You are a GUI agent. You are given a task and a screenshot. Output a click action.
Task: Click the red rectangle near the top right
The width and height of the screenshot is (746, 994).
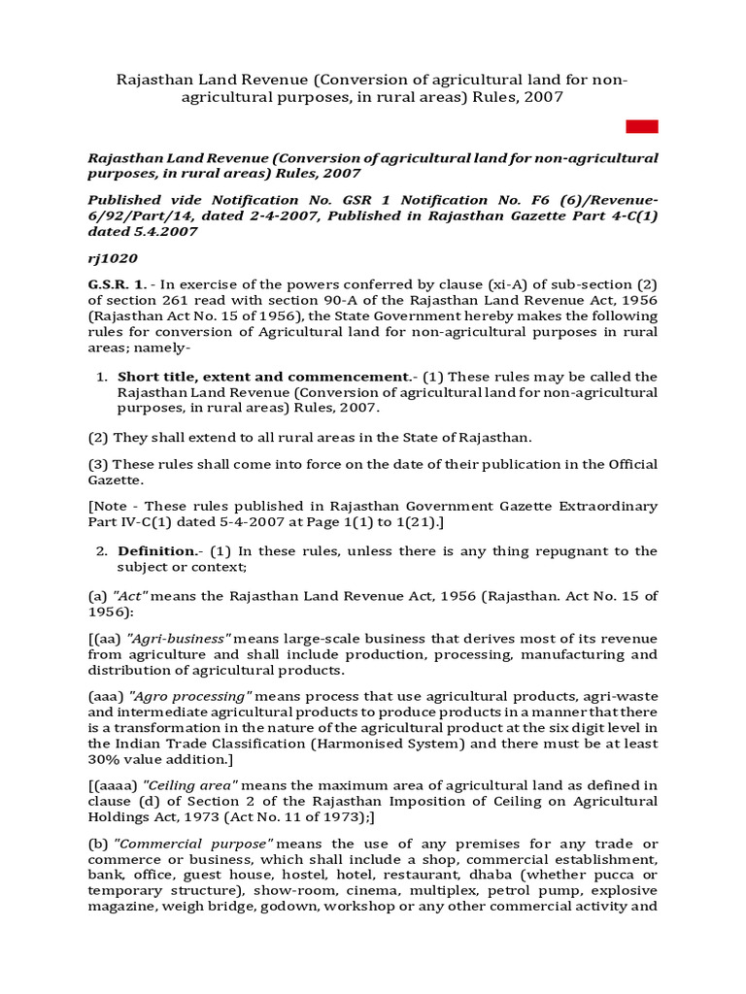(x=642, y=126)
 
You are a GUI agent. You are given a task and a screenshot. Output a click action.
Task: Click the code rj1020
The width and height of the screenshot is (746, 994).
(x=113, y=258)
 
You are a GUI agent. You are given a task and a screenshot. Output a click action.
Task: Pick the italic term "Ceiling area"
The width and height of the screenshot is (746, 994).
(x=189, y=785)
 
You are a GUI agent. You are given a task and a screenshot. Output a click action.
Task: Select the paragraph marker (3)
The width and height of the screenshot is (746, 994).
(x=99, y=464)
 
